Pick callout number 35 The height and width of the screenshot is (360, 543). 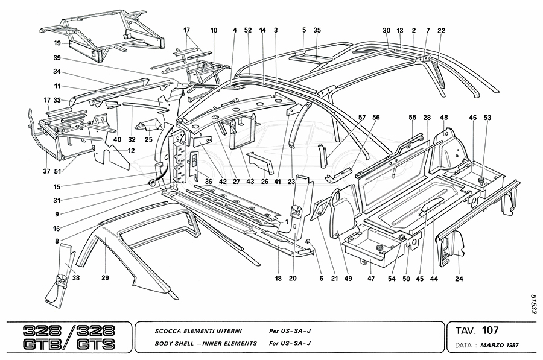point(317,30)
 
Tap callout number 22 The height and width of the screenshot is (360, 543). point(441,30)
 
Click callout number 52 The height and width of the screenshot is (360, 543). point(248,30)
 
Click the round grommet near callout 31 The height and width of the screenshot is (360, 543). point(151,183)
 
